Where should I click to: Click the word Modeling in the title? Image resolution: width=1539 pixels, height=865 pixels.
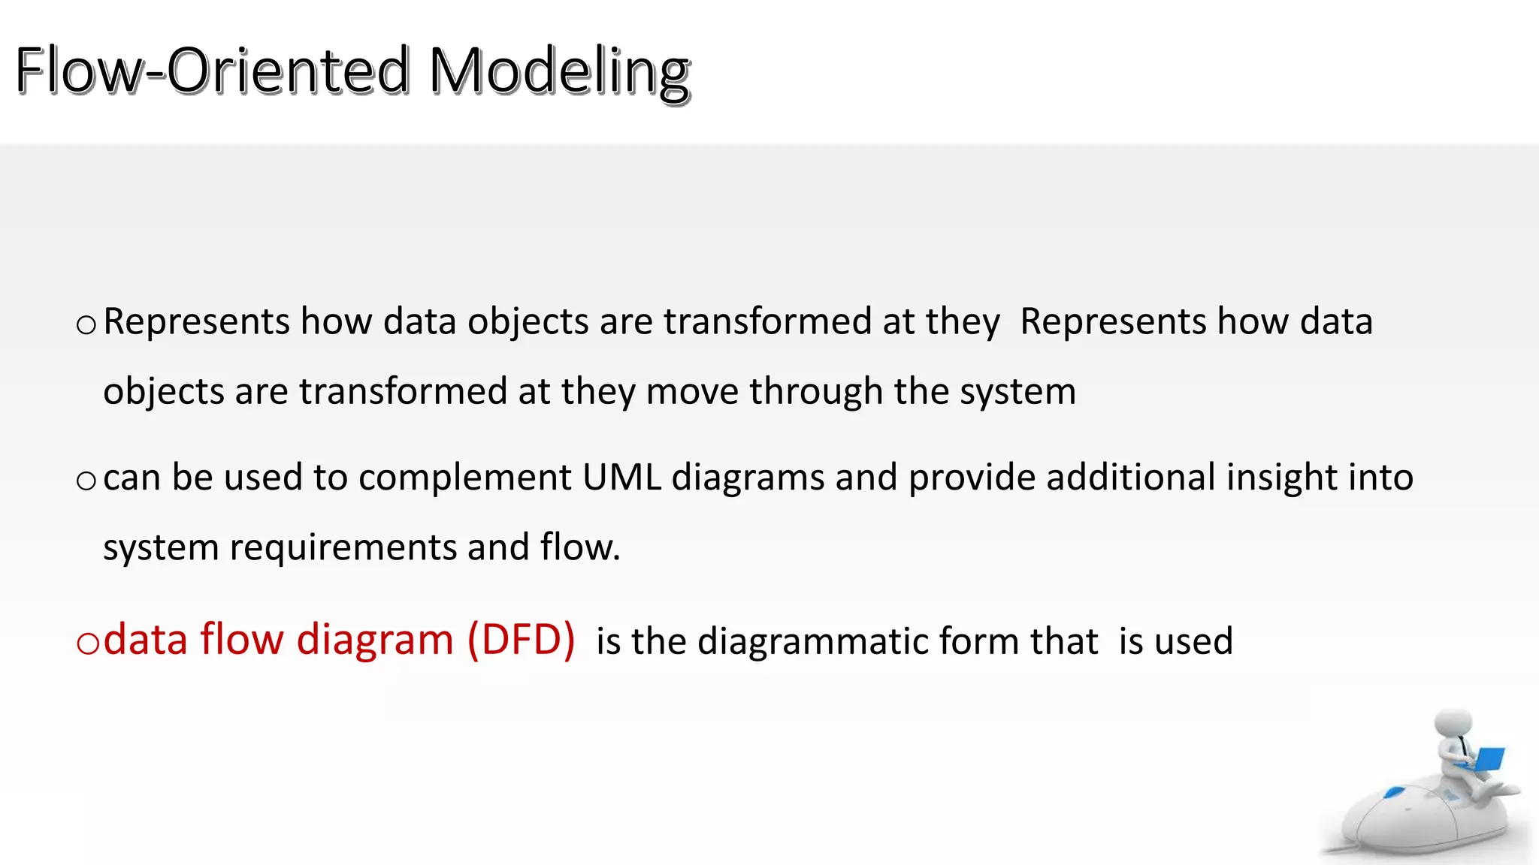click(560, 72)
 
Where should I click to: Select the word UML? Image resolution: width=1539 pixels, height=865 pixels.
click(621, 478)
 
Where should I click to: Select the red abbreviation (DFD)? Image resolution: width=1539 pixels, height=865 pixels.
click(522, 640)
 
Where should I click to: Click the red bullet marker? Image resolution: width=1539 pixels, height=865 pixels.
click(88, 643)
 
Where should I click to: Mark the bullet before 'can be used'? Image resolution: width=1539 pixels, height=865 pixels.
click(86, 481)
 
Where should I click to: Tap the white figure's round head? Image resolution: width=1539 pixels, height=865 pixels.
click(1453, 724)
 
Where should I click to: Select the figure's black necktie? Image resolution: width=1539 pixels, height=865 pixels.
click(1463, 746)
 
